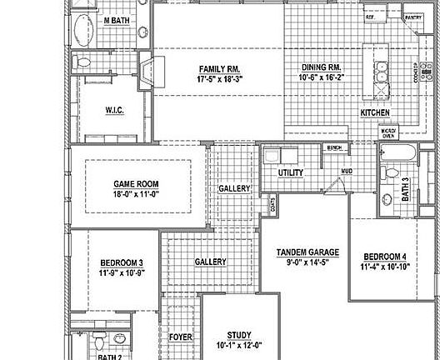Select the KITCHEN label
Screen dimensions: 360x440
point(375,112)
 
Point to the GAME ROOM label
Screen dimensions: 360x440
point(136,184)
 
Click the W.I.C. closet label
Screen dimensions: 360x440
point(115,109)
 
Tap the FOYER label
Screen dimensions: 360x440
point(181,337)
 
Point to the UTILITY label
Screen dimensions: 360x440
point(290,172)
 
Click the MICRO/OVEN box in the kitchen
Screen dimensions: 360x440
point(388,133)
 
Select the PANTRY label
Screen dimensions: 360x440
point(412,17)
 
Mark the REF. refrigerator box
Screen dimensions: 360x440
point(370,17)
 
